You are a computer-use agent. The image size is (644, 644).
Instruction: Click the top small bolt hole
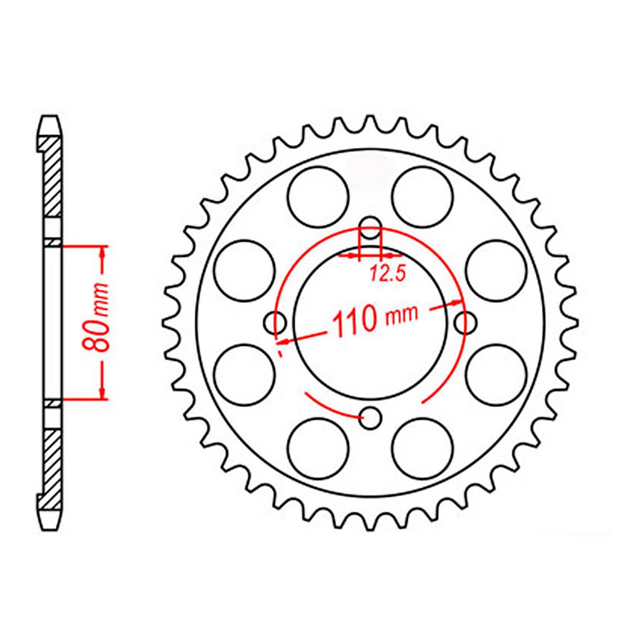click(x=370, y=227)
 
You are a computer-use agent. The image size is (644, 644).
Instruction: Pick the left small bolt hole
click(x=275, y=322)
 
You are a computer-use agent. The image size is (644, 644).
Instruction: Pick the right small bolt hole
click(x=466, y=322)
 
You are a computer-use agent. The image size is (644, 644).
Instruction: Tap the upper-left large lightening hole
click(x=318, y=196)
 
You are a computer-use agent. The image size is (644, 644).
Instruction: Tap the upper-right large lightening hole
click(x=423, y=196)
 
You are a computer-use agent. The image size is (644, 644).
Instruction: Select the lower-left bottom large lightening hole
click(x=318, y=448)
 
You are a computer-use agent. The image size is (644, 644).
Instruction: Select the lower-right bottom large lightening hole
click(x=423, y=448)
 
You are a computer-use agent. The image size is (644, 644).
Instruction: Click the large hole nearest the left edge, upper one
click(x=244, y=270)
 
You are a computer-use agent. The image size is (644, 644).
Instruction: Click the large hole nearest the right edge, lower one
click(x=496, y=374)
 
